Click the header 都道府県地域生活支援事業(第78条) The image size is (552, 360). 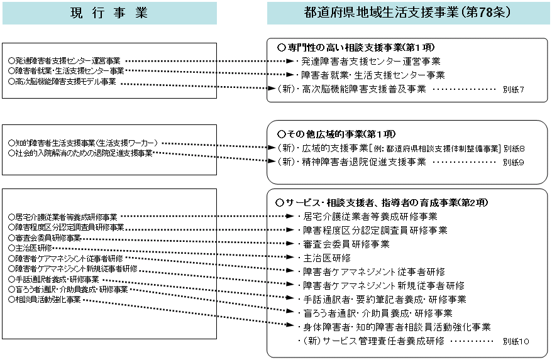[407, 12]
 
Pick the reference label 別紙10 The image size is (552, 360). [516, 341]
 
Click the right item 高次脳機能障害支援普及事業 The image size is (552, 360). [363, 89]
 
